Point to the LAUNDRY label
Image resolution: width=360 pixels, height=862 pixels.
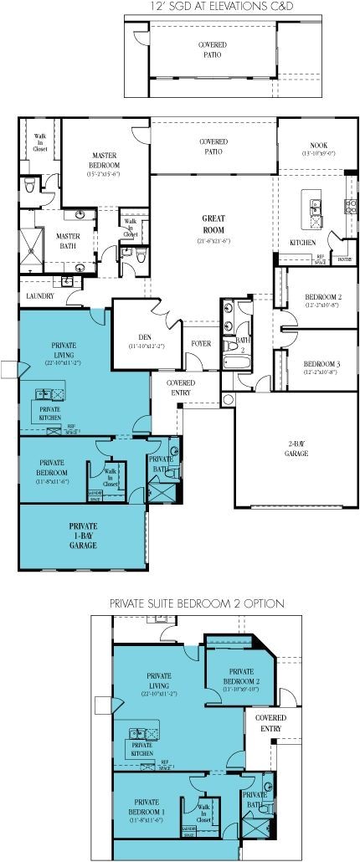39,295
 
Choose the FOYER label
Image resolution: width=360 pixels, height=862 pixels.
200,343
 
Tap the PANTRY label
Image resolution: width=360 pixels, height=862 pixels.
342,261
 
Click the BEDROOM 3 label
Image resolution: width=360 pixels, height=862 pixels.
319,363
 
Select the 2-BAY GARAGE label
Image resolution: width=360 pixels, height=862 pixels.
296,449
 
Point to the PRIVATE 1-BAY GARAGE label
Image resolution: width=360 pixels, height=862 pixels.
83,535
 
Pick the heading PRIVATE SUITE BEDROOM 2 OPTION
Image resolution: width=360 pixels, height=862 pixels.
197,603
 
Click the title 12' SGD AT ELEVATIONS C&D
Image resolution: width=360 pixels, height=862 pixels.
213,7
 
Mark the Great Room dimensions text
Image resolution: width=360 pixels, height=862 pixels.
213,240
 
